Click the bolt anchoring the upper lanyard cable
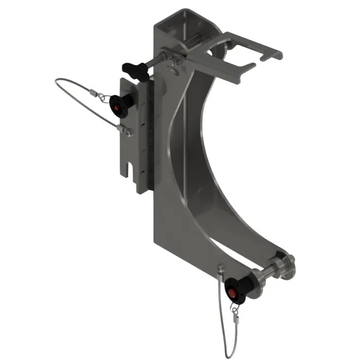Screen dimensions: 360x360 (128, 132)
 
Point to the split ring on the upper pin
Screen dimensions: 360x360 (103, 96)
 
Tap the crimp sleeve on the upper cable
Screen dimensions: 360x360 (92, 93)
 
